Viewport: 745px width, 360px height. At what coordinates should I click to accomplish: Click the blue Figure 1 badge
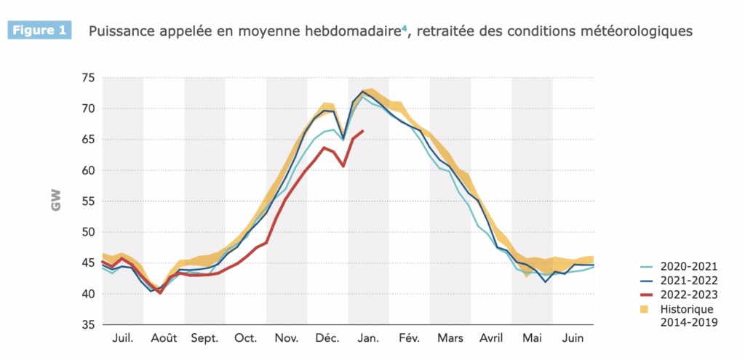point(39,31)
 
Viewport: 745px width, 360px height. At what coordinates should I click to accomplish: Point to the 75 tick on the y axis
point(87,78)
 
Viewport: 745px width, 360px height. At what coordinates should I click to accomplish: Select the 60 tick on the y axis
point(87,170)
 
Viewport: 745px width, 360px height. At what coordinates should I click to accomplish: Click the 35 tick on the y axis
point(87,325)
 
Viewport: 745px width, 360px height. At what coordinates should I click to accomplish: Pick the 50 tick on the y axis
point(87,232)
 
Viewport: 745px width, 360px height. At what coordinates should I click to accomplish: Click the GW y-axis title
point(56,201)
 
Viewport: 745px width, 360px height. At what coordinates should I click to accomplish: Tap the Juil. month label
point(123,339)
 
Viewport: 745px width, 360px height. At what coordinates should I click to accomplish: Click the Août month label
point(164,339)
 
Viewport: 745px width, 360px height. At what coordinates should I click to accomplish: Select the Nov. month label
point(287,339)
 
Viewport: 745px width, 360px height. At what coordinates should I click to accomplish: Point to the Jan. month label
point(368,339)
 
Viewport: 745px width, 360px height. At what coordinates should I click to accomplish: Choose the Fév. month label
point(409,339)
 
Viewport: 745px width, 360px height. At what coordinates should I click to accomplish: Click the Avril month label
point(491,339)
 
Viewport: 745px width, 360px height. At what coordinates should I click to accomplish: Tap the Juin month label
point(573,339)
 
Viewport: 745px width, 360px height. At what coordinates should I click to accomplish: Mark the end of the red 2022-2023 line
point(363,131)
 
